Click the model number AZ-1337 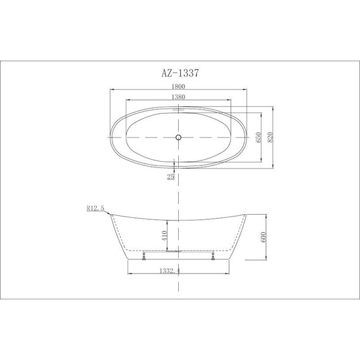point(179,73)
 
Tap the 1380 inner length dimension point(179,99)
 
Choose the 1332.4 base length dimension point(179,272)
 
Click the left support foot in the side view point(145,255)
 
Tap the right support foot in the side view point(214,255)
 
